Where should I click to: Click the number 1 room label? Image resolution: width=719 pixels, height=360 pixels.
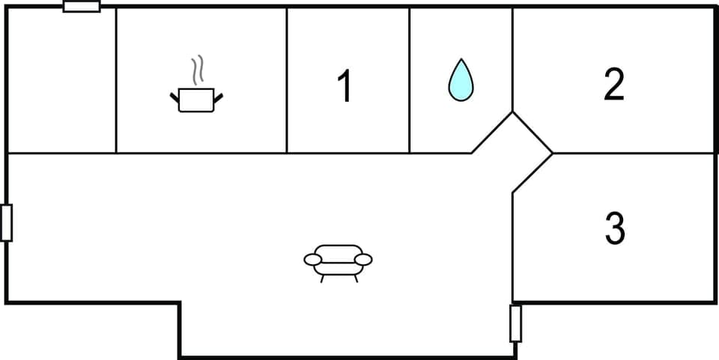click(x=345, y=86)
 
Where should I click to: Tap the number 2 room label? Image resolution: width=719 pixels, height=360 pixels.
click(x=614, y=85)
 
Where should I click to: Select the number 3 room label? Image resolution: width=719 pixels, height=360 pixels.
click(x=614, y=228)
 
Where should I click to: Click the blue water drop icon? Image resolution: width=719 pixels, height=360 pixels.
click(x=461, y=81)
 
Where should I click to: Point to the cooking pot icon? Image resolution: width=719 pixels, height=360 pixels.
click(x=196, y=100)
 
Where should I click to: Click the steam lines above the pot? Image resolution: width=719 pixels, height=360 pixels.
click(x=198, y=70)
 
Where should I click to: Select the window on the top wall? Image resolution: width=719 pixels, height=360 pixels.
click(x=82, y=7)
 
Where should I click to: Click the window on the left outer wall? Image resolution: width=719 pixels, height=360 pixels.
click(x=7, y=222)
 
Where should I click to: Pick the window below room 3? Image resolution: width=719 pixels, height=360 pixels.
click(x=515, y=323)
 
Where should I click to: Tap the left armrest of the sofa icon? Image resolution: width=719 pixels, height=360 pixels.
click(x=313, y=259)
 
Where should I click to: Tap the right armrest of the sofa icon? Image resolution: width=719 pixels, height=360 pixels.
click(x=363, y=259)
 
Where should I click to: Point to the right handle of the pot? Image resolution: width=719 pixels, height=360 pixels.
click(x=218, y=97)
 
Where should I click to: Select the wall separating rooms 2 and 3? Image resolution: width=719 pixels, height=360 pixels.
click(x=633, y=153)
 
